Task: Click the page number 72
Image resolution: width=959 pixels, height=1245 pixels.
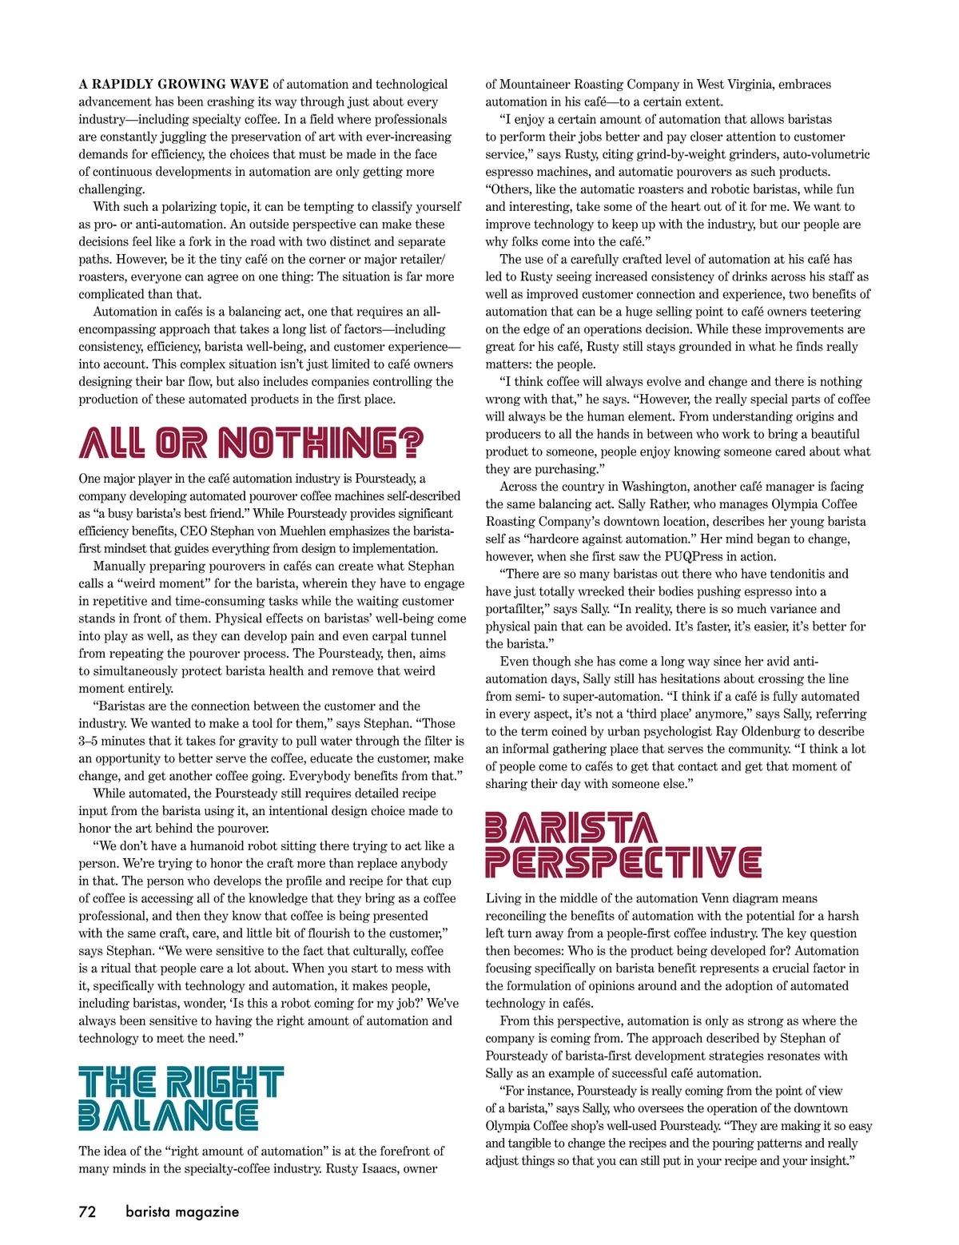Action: [87, 1211]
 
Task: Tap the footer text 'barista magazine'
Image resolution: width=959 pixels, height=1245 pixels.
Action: [182, 1211]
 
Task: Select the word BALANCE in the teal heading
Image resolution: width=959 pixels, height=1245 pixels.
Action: [168, 1116]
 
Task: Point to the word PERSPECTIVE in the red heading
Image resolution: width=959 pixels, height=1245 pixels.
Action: [623, 863]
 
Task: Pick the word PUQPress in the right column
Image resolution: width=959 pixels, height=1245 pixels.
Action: [722, 556]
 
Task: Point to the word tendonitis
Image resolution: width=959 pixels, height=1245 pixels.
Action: [794, 574]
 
